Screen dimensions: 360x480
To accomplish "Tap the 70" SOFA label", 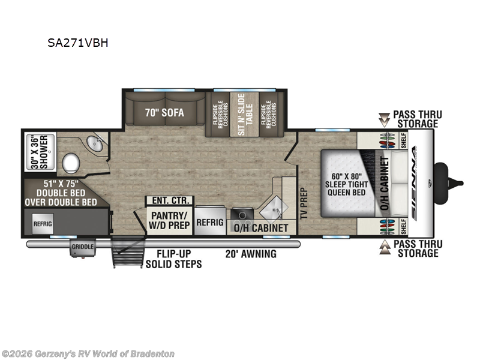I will (164, 112).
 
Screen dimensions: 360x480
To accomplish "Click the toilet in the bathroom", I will (71, 162).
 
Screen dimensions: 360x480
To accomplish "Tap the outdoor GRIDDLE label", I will (82, 247).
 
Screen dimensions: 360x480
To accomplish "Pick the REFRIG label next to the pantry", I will (209, 221).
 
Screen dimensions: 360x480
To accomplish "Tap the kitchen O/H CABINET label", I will (260, 228).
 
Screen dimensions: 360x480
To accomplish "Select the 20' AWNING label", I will (251, 254).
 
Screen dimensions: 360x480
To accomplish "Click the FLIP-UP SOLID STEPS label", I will (174, 259).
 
